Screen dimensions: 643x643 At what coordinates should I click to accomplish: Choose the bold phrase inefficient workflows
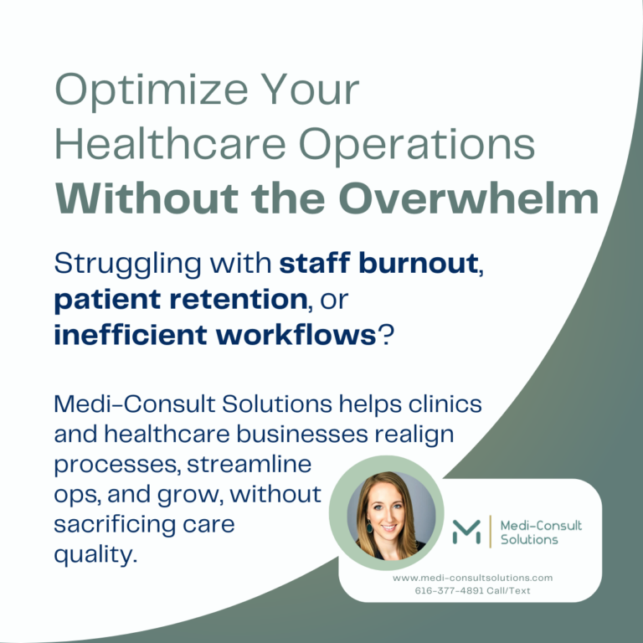coord(213,334)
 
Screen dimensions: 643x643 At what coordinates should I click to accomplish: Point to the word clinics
coord(452,404)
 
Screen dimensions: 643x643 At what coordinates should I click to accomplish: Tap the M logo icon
coord(466,531)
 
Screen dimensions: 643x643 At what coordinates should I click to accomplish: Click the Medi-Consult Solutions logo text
coord(540,532)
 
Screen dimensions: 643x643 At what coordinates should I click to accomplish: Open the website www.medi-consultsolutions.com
coord(472,578)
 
